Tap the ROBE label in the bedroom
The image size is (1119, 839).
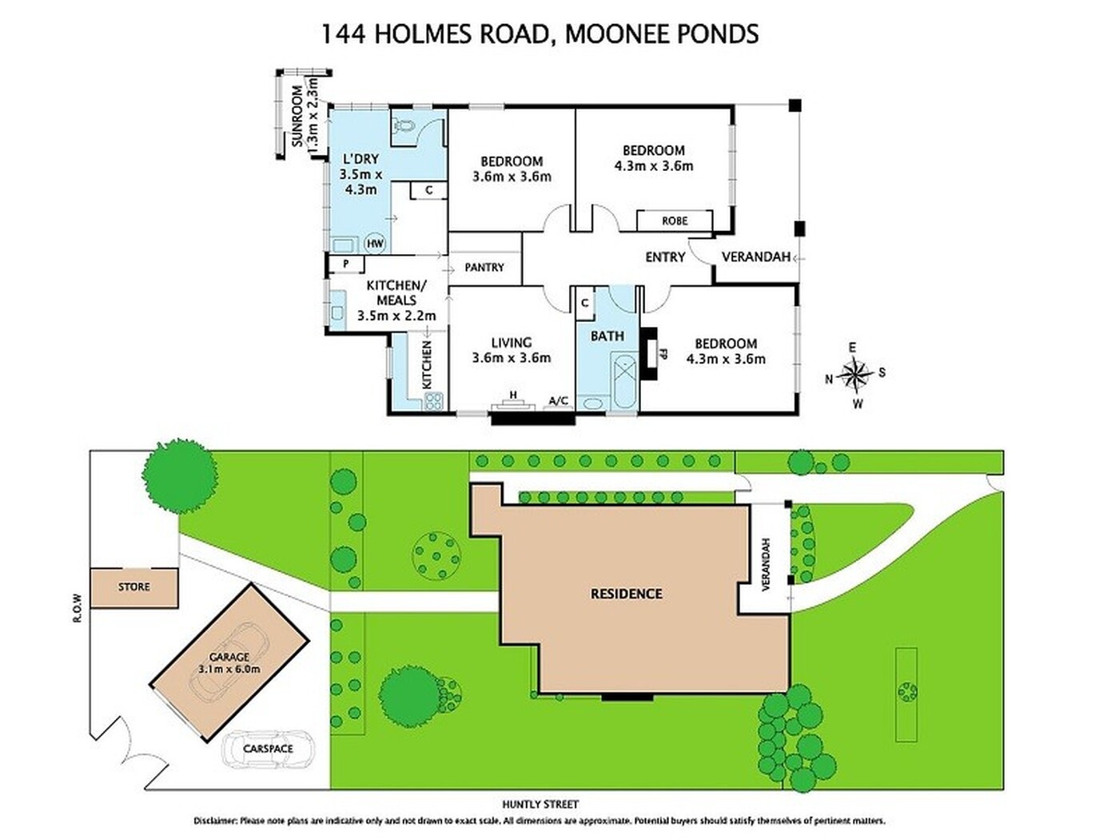coord(674,221)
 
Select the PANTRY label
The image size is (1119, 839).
coord(484,267)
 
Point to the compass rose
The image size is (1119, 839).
coord(855,375)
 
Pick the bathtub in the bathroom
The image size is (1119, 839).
coord(623,381)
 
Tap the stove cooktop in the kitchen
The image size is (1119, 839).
coord(433,401)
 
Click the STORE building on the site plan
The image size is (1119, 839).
coord(134,587)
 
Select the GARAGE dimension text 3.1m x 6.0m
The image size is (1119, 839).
coord(229,668)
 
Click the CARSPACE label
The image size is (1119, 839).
coord(268,749)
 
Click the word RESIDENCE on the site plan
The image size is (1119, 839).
coord(626,594)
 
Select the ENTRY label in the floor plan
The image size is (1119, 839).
coord(665,257)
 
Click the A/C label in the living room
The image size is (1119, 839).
coord(558,401)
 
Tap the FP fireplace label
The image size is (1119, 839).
coord(663,354)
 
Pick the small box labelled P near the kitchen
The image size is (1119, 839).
coord(346,264)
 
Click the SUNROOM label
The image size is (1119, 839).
coord(297,117)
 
